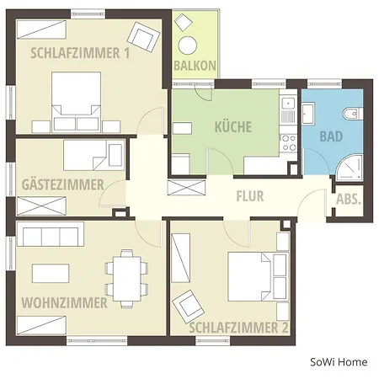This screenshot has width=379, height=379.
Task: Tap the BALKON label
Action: (195, 66)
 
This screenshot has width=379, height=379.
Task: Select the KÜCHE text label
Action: (232, 127)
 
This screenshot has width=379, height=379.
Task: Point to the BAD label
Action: (331, 136)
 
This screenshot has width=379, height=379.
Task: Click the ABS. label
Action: (348, 200)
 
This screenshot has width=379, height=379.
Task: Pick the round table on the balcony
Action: (187, 45)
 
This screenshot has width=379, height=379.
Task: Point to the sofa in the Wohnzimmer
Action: (51, 233)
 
